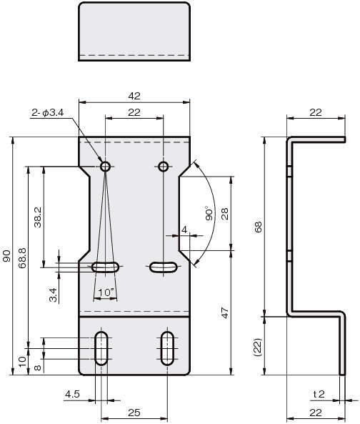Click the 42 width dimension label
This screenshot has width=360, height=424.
point(134,96)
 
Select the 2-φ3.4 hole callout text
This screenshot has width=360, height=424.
point(48,112)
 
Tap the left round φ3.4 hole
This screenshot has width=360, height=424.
point(105,167)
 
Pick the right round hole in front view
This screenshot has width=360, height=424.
point(164,167)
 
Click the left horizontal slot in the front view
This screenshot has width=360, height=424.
point(105,267)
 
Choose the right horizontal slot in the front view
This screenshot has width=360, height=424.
point(163,267)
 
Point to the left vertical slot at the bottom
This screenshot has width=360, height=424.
point(101,348)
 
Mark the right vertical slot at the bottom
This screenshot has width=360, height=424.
point(167,348)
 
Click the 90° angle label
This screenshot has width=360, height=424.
point(209,214)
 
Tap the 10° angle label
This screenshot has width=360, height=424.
point(106,292)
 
